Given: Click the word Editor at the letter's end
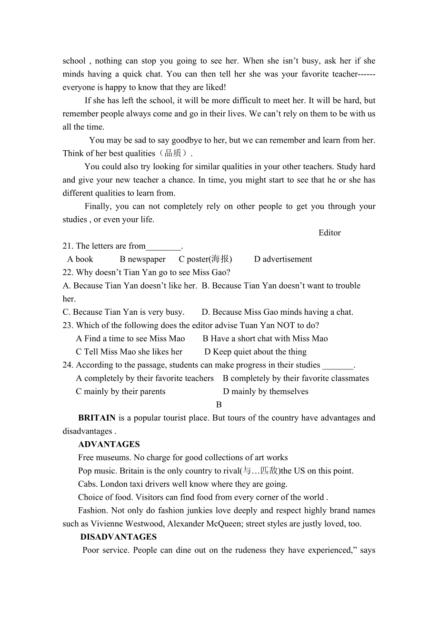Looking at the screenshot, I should pos(329,232).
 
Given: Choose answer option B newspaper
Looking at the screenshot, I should pos(143,259).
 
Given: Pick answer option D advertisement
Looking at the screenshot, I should pos(283,259).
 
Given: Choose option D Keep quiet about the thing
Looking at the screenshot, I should pos(255,352).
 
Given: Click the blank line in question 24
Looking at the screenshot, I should pos(338,366).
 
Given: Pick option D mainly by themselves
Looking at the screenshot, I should pos(265,391).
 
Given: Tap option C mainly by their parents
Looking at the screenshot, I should pos(120,391).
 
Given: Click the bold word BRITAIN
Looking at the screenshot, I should pos(97,418).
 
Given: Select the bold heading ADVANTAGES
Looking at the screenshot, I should pos(109,445).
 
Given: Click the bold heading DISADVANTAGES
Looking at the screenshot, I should pos(119,537).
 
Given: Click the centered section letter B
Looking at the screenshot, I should pos(219,405).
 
